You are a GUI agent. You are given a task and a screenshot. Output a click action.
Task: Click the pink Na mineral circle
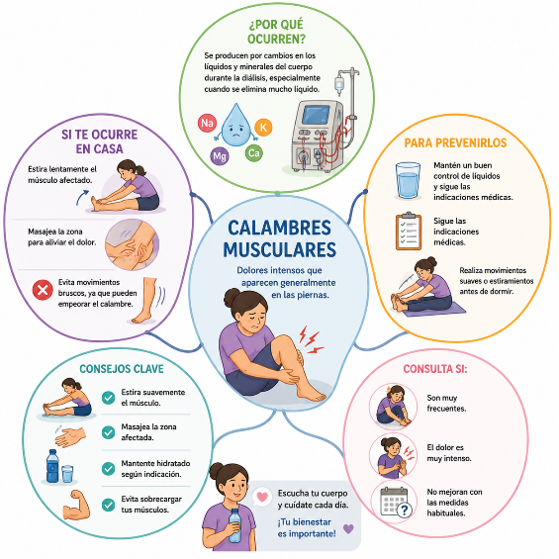point(207,123)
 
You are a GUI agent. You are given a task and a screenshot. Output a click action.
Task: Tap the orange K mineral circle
point(263,128)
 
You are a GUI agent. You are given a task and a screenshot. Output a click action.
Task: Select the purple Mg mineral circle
point(220,156)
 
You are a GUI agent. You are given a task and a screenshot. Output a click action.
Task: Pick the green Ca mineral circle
point(254,153)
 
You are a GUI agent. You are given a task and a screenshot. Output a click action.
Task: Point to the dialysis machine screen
point(316,115)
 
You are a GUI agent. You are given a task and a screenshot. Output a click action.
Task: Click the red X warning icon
point(43,290)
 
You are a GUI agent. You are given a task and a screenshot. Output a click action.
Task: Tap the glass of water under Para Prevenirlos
point(408,180)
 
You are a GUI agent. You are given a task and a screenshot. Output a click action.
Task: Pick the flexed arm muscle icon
point(76,505)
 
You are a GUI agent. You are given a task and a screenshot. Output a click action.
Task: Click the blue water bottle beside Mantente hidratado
point(52,466)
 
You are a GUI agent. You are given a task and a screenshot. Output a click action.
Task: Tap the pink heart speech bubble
point(262,497)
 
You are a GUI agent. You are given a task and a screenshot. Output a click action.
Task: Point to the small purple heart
point(348,528)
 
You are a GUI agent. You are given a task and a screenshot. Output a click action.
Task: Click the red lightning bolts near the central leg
point(310,339)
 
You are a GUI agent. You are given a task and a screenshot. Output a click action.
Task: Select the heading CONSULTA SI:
point(435,369)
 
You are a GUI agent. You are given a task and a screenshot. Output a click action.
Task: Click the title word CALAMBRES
point(279,228)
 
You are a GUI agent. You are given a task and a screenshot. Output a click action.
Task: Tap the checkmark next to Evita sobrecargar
point(108,505)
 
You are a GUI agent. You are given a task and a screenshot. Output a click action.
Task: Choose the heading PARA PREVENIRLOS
point(455,142)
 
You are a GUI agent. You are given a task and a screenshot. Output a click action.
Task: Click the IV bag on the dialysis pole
point(339,84)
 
